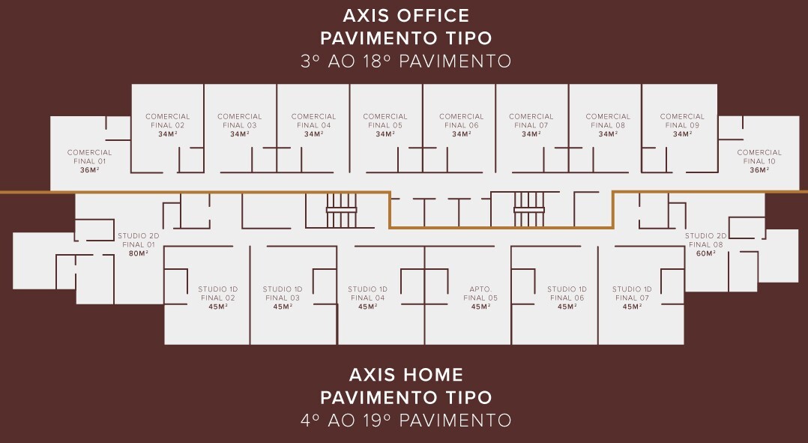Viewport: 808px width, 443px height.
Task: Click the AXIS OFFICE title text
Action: [x=406, y=16]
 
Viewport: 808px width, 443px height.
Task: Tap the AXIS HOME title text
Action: [x=406, y=375]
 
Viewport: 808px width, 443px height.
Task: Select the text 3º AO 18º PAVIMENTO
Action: [x=406, y=61]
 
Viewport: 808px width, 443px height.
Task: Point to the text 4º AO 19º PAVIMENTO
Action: [x=406, y=420]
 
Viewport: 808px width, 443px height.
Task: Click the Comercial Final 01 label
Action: [x=89, y=157]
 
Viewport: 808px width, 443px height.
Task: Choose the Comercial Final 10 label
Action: [x=759, y=157]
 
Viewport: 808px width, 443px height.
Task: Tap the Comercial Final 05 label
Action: [x=385, y=121]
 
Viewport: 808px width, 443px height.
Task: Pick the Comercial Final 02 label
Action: [x=167, y=121]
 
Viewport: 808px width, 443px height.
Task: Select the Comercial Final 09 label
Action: [x=682, y=121]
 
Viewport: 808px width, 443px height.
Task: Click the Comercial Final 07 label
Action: [x=531, y=121]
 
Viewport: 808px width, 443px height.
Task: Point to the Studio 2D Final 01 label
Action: [x=139, y=240]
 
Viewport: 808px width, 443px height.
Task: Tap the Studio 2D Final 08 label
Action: [x=705, y=240]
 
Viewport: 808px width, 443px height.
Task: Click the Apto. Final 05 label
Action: [x=480, y=294]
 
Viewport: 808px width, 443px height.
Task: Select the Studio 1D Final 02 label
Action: [x=218, y=294]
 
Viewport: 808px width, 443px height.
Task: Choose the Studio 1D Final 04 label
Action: [x=367, y=294]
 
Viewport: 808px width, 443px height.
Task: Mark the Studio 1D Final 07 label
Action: [x=632, y=294]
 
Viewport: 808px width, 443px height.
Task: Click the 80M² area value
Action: [x=139, y=253]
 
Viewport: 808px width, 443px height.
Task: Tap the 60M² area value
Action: [x=706, y=253]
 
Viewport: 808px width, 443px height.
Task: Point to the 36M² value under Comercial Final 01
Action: [x=89, y=170]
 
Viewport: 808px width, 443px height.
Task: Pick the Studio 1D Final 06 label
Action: [x=567, y=294]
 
